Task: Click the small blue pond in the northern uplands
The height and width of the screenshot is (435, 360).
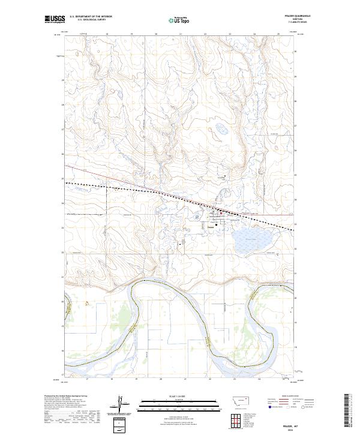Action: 221,128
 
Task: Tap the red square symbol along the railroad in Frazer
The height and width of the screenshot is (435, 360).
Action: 221,212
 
